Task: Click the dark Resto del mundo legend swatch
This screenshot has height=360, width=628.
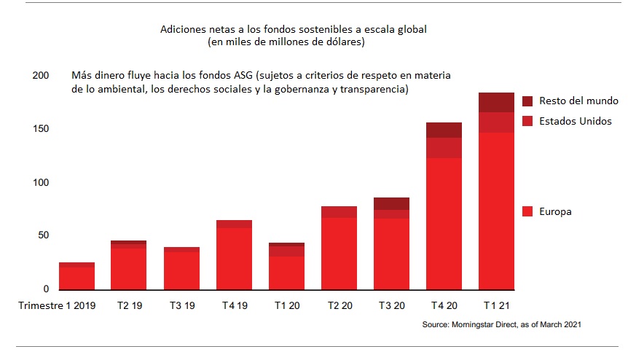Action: click(x=528, y=101)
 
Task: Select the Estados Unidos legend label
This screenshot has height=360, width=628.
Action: click(x=576, y=121)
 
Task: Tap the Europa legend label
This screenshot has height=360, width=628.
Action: click(x=555, y=211)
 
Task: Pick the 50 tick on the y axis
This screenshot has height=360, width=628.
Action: click(x=42, y=235)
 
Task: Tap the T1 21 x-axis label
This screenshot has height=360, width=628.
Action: click(x=496, y=306)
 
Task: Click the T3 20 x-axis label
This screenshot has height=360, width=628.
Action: click(x=391, y=306)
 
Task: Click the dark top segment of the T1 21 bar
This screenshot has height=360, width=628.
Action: click(x=496, y=102)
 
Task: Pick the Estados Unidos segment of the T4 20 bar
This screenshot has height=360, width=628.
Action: click(x=444, y=147)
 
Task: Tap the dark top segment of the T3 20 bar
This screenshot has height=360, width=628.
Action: click(x=391, y=203)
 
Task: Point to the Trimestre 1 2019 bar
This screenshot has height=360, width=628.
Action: click(x=76, y=276)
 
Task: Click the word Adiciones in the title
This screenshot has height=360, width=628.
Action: click(x=179, y=30)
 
